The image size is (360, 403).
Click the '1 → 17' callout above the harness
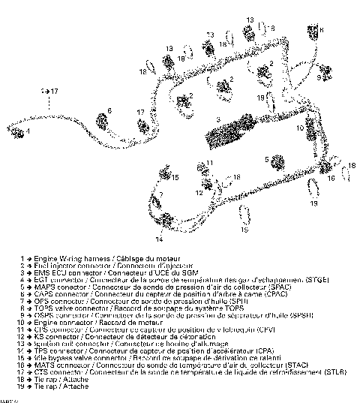click(47, 90)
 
